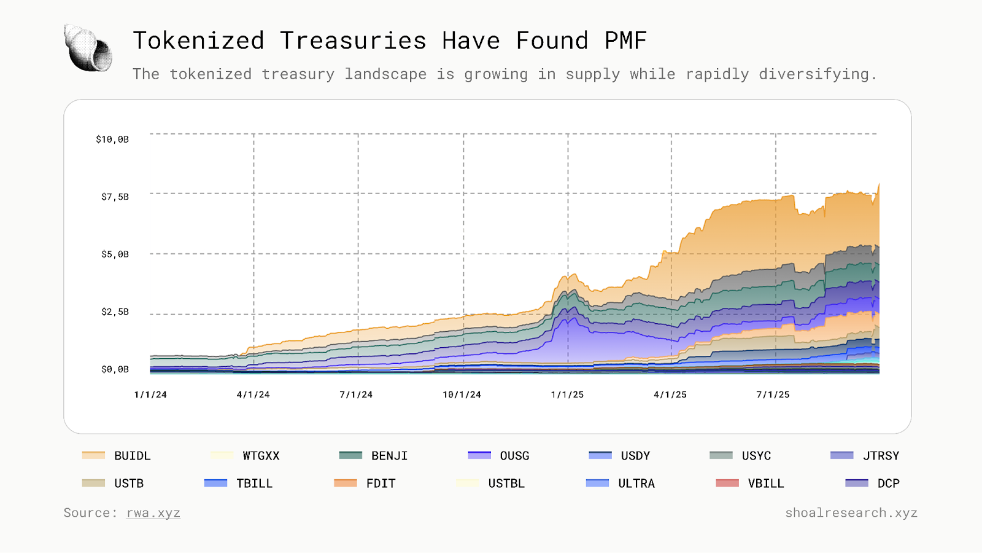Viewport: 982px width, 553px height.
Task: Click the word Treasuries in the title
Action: (353, 41)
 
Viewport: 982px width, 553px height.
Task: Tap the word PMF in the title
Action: (625, 41)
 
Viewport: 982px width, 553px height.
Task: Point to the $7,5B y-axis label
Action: (115, 197)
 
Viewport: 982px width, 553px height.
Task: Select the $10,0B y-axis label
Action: (112, 139)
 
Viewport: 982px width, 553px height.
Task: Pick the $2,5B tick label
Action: (115, 312)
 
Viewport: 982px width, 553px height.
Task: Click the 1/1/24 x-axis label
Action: (150, 394)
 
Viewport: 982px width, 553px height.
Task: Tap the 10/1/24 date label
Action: (462, 394)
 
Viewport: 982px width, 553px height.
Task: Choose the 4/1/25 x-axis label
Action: (670, 394)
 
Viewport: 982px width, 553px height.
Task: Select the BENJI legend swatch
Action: (350, 455)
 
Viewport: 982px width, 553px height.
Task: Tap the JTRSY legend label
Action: (881, 456)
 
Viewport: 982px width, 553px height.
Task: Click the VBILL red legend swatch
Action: (727, 483)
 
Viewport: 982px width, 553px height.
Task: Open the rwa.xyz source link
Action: (153, 513)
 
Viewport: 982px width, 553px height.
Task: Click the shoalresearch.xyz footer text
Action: (851, 513)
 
